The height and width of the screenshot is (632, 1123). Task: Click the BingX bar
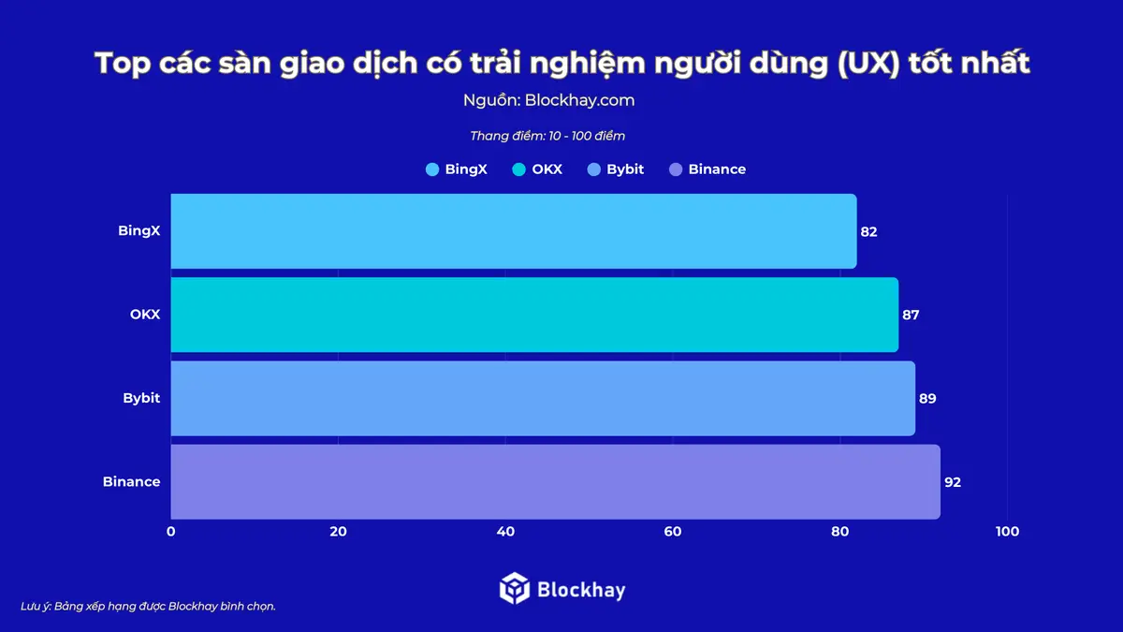(x=513, y=231)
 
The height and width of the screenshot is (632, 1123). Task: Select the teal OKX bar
(x=533, y=315)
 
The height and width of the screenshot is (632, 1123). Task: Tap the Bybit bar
(x=542, y=398)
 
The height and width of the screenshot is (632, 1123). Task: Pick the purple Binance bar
(x=555, y=481)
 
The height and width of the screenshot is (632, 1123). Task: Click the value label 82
(x=868, y=231)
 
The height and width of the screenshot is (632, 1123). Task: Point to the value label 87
(x=911, y=315)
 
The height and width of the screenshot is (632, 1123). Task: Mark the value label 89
(x=927, y=398)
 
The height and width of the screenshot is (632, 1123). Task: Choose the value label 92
(x=953, y=481)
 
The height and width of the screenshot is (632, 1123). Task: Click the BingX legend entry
(x=457, y=169)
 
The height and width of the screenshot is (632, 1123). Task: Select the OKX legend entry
(x=538, y=169)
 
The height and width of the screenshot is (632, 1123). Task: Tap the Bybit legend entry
(x=616, y=169)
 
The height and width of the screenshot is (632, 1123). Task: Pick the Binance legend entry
(x=707, y=169)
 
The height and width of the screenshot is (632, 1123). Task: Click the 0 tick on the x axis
(x=171, y=532)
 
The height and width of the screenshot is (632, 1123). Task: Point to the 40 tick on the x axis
(x=505, y=532)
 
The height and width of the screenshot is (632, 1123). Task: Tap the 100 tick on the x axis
(x=1007, y=532)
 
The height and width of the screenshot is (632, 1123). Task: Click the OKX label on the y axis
(x=145, y=315)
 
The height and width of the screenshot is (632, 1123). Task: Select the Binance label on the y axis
(x=132, y=481)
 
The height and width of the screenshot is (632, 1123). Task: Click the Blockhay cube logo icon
(x=515, y=588)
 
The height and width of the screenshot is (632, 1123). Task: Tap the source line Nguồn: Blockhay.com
(x=548, y=100)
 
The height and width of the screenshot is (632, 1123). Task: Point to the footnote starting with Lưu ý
(x=148, y=606)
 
